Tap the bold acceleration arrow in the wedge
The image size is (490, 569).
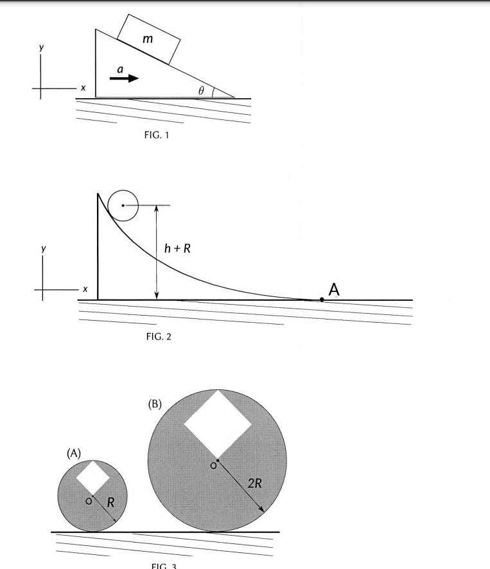[123, 78]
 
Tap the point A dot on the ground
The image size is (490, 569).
[322, 300]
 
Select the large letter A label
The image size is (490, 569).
[334, 290]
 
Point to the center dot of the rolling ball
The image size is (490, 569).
[122, 205]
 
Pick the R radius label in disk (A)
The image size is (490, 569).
[110, 502]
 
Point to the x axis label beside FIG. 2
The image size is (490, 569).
[83, 289]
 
